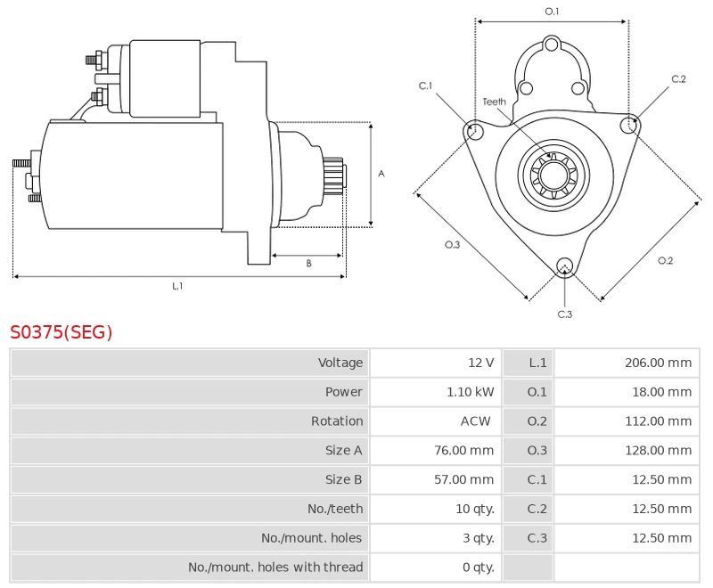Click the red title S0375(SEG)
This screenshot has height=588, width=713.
(x=61, y=333)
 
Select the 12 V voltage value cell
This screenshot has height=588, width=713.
(x=480, y=363)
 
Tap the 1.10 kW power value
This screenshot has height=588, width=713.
(x=470, y=392)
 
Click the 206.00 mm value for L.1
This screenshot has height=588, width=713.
(x=659, y=363)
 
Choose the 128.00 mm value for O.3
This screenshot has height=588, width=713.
(x=659, y=451)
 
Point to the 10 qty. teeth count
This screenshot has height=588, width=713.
(x=474, y=510)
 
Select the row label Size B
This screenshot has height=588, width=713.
(x=343, y=480)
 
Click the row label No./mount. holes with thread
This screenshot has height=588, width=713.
(x=275, y=568)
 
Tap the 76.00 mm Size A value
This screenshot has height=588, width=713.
(x=463, y=451)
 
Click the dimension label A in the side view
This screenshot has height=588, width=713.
(x=381, y=174)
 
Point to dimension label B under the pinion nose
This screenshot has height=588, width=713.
(x=308, y=263)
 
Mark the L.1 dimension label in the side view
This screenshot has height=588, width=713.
(x=177, y=286)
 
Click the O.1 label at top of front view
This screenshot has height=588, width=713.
(x=552, y=12)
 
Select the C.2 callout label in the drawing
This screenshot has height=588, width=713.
(x=678, y=79)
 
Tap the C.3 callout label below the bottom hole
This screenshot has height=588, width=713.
(x=564, y=314)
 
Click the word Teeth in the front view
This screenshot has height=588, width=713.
(x=494, y=102)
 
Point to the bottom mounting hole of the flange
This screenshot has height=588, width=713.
(x=563, y=265)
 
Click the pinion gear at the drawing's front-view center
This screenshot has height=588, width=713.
(x=552, y=176)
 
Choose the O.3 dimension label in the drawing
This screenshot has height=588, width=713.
(x=452, y=245)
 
